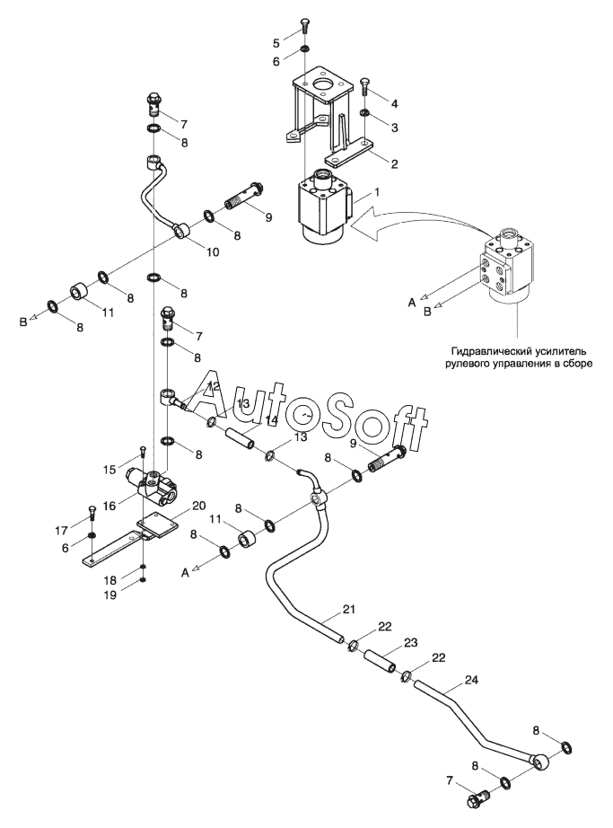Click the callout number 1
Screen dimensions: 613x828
click(376, 192)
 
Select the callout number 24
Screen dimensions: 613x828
click(471, 680)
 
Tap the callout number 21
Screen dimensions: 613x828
click(349, 610)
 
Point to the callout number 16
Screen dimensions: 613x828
click(109, 506)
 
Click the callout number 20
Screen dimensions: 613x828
click(198, 506)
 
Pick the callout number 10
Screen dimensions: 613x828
click(212, 252)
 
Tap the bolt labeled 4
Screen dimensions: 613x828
click(364, 86)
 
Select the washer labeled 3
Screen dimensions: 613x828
click(364, 113)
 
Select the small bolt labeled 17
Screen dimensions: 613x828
click(92, 512)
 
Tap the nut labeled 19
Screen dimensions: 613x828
click(143, 581)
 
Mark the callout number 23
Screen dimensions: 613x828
click(411, 643)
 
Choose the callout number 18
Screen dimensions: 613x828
click(109, 580)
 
